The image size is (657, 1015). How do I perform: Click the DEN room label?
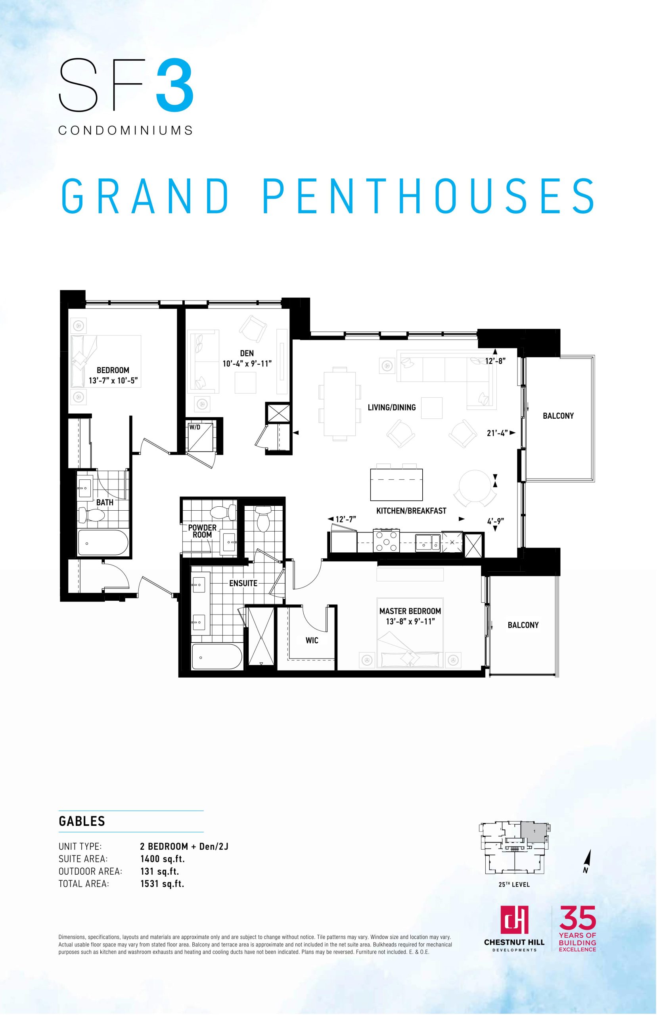(x=247, y=353)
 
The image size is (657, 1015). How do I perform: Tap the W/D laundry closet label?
(x=195, y=427)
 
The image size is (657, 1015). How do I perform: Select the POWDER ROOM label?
(x=202, y=531)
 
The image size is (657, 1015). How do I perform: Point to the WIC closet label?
(x=312, y=640)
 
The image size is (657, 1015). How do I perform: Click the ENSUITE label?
(x=243, y=583)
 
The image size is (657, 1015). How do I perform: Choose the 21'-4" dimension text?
(x=498, y=433)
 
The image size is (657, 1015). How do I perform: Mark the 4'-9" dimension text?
(x=495, y=521)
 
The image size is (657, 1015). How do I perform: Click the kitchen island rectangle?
(x=396, y=485)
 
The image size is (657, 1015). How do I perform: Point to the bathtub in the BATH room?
(x=103, y=543)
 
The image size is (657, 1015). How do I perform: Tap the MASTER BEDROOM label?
(x=410, y=611)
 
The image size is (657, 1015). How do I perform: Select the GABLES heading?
(x=82, y=821)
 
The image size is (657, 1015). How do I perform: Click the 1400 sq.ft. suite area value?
(x=163, y=859)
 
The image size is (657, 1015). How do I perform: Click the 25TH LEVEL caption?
(x=514, y=885)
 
